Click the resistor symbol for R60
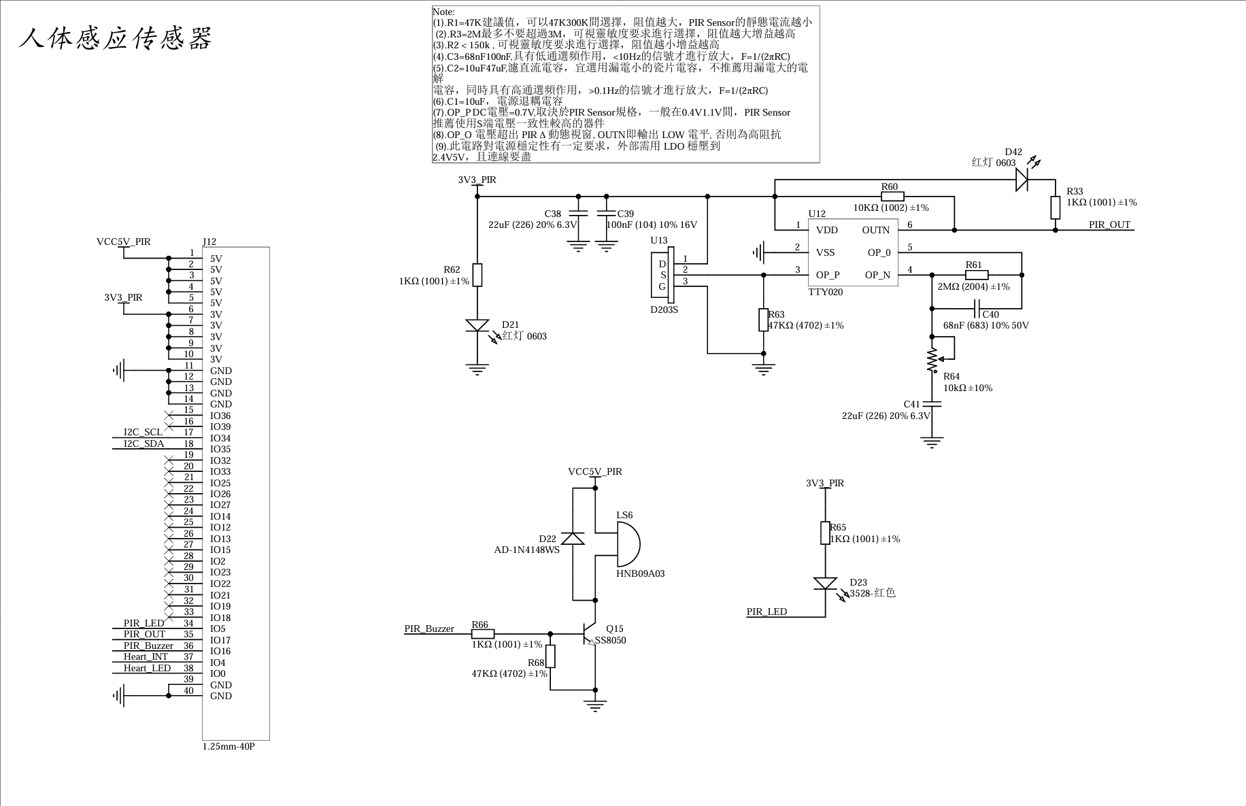(892, 197)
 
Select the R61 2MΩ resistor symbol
(977, 275)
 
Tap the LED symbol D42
(1022, 180)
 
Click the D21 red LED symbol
(477, 326)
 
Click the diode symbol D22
(573, 538)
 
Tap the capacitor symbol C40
(977, 314)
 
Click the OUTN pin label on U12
(875, 230)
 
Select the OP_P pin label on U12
(828, 275)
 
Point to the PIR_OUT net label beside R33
(1109, 224)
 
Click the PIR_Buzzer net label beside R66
(429, 628)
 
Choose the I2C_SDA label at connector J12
(144, 443)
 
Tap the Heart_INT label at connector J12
(146, 656)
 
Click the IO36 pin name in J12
(220, 416)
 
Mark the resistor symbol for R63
(764, 320)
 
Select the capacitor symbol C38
(578, 213)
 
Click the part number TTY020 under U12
(826, 292)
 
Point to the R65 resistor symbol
(826, 533)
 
